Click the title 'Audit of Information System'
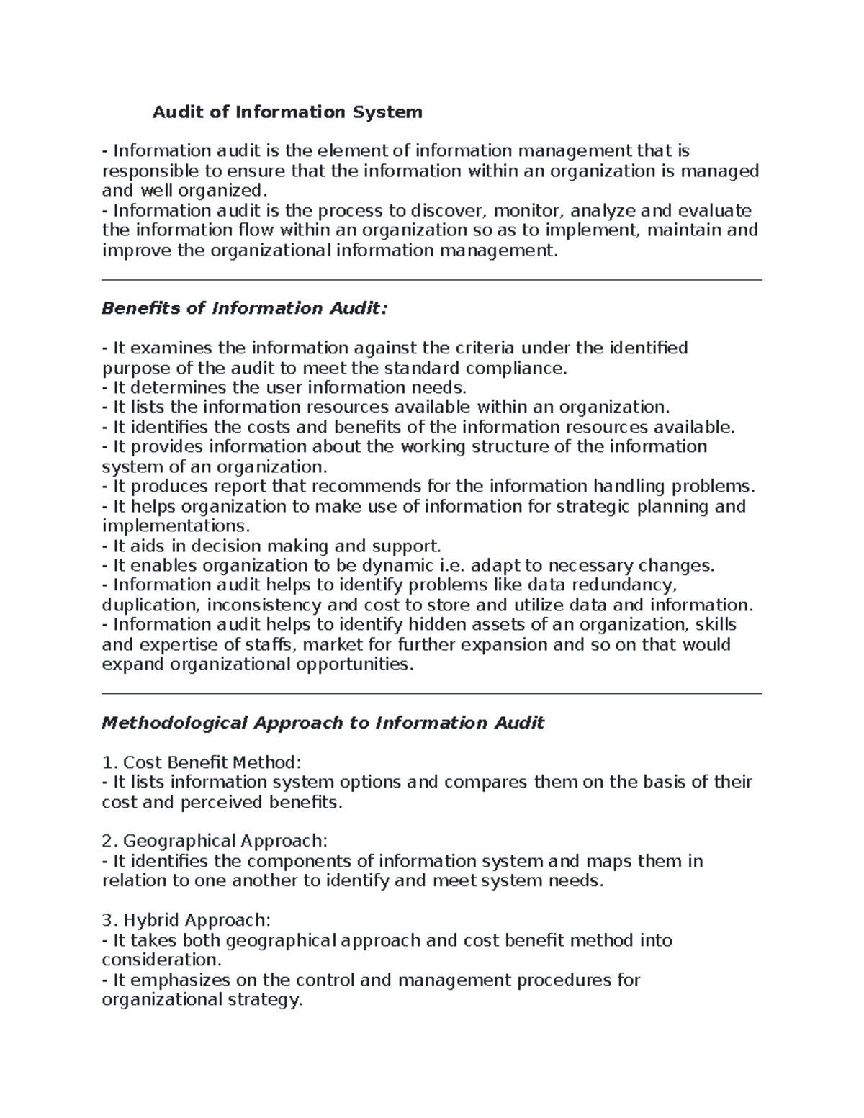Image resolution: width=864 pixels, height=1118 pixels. pos(287,112)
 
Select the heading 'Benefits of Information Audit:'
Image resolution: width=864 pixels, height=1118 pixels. pos(245,309)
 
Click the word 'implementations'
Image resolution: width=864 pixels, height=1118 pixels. pos(174,526)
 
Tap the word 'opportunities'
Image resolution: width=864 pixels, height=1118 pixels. pos(355,664)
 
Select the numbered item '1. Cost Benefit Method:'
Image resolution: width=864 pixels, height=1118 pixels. pos(202,762)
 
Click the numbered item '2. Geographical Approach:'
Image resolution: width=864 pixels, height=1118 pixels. pos(215,842)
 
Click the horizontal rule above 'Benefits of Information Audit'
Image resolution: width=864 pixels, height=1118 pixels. pos(432,280)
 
